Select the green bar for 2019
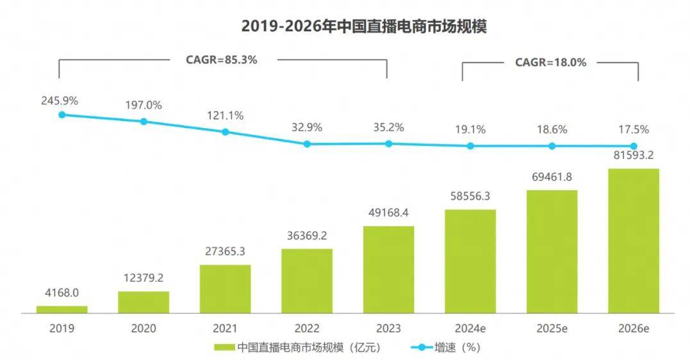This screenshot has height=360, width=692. click(x=62, y=309)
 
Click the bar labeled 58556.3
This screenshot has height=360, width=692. click(x=470, y=261)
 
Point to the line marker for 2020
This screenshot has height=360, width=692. click(x=144, y=121)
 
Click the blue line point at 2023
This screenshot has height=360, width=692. click(x=388, y=143)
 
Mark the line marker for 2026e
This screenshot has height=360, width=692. click(x=634, y=146)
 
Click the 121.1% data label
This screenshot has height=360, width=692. click(x=225, y=116)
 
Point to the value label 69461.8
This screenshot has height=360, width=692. click(x=552, y=177)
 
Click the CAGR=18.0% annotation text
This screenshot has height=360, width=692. click(x=550, y=62)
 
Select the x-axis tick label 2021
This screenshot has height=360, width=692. click(x=225, y=329)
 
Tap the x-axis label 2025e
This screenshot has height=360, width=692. click(x=552, y=329)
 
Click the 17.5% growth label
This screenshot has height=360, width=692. click(x=634, y=129)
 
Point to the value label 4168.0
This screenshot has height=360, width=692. click(x=62, y=293)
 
